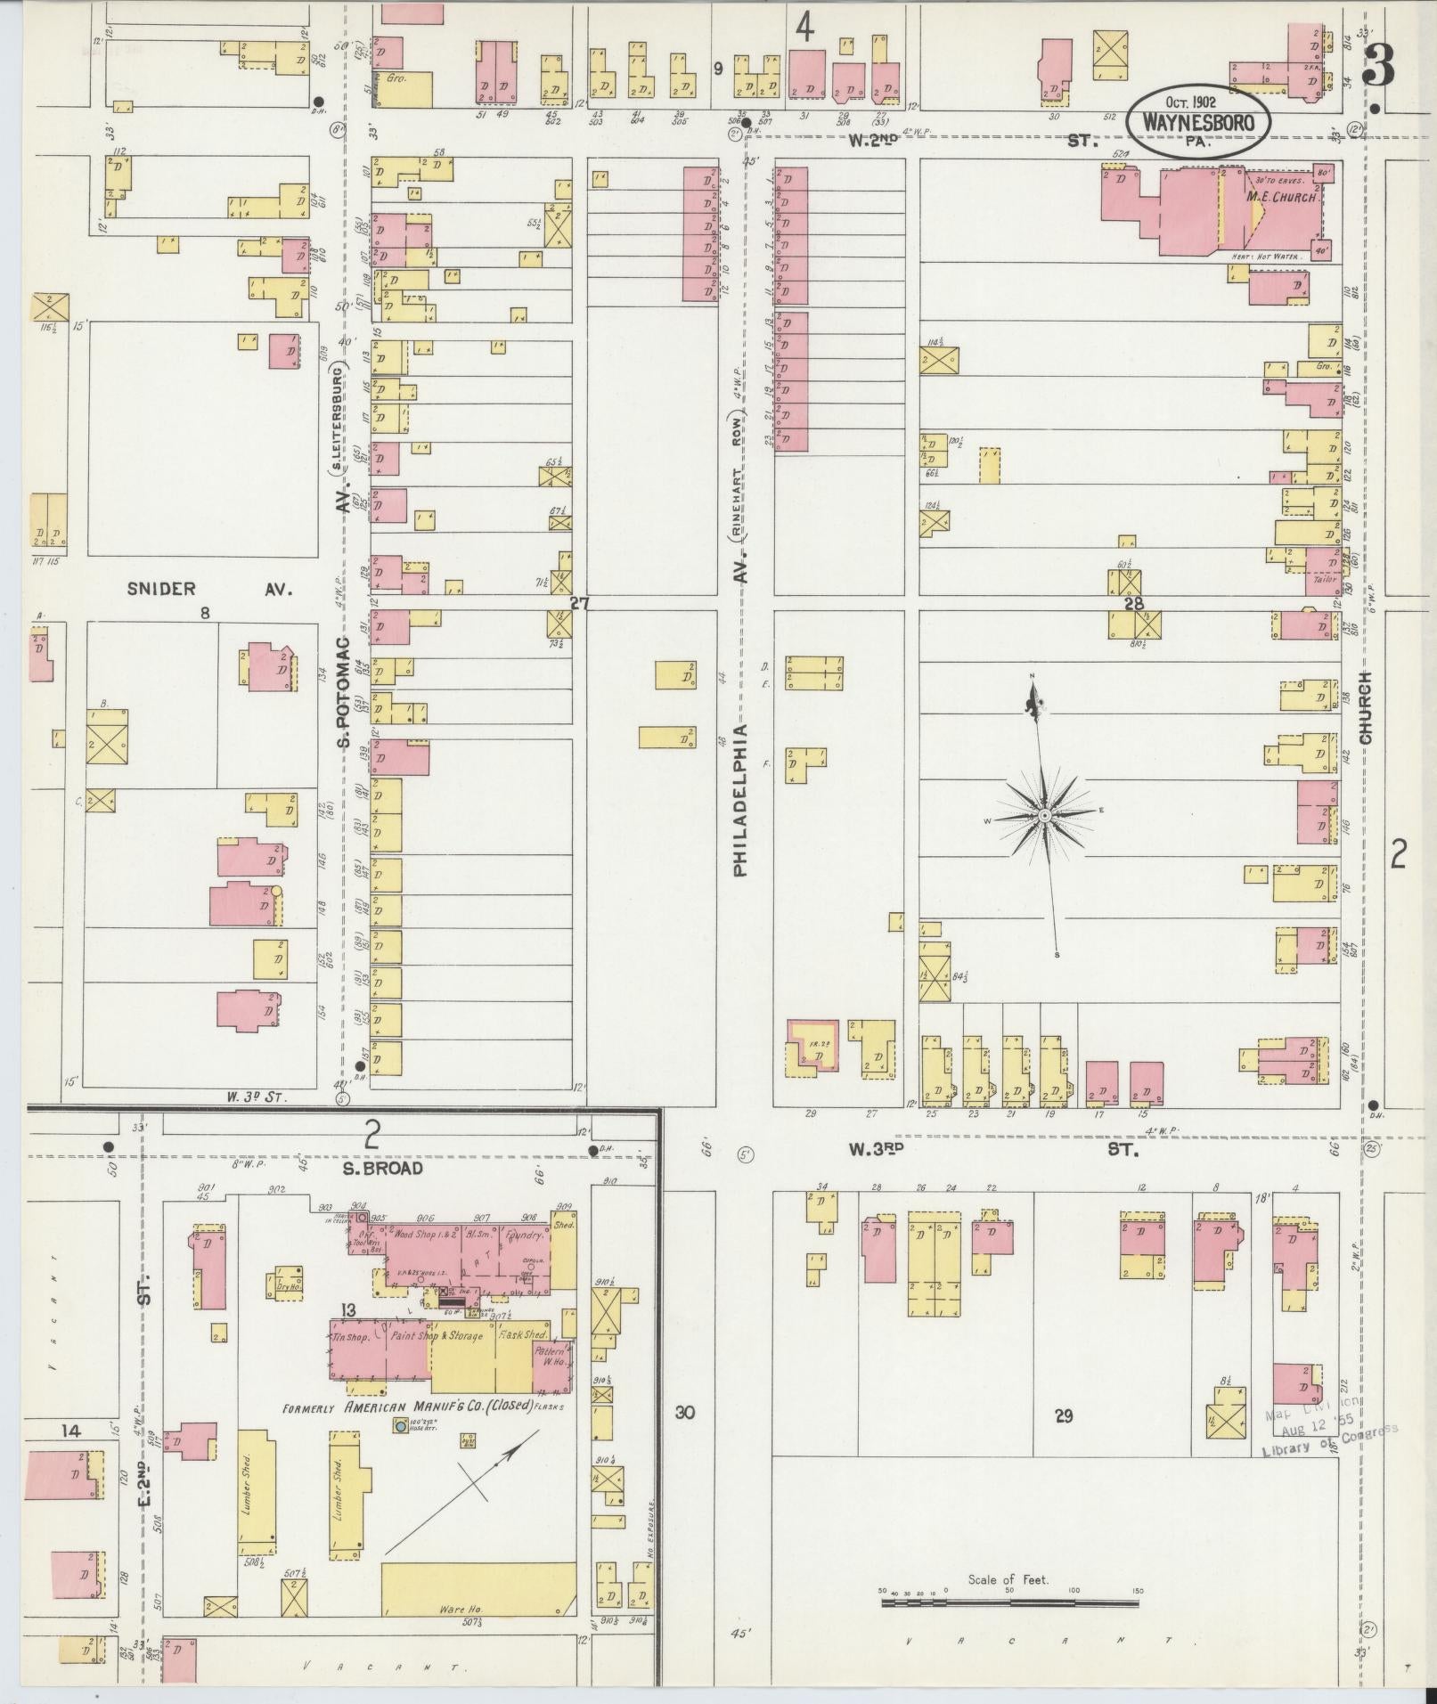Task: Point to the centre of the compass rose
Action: click(x=1043, y=815)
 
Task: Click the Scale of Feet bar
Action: click(x=1009, y=1602)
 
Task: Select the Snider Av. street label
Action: click(x=209, y=589)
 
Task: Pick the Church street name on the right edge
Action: click(x=1366, y=708)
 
